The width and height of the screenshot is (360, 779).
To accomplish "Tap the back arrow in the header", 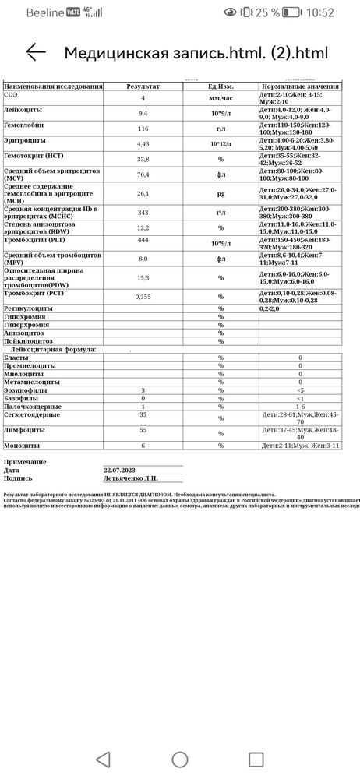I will tap(36, 52).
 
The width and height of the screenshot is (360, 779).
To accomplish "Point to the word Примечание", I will tap(25, 462).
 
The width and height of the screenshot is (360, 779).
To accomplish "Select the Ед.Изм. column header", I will tap(221, 86).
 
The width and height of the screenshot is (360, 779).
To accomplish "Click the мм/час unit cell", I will tap(221, 98).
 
